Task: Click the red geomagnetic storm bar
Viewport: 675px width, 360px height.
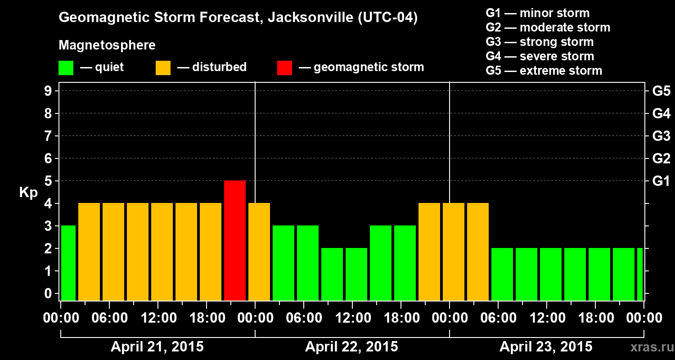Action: click(x=235, y=240)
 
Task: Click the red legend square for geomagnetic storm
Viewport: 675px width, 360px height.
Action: click(x=284, y=67)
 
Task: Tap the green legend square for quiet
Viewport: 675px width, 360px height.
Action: click(x=66, y=67)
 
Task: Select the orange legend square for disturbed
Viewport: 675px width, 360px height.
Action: click(x=163, y=67)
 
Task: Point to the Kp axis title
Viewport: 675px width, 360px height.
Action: click(x=28, y=192)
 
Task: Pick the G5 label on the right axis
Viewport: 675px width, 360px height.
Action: click(x=661, y=91)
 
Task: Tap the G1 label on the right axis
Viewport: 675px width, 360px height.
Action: click(x=661, y=181)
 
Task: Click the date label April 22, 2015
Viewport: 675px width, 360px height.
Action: click(x=351, y=347)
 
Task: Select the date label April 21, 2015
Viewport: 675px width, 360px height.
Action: click(x=157, y=347)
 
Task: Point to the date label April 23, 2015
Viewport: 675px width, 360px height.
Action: click(x=546, y=347)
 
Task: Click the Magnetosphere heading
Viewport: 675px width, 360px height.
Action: click(x=107, y=45)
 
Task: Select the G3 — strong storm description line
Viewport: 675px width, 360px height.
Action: click(x=540, y=42)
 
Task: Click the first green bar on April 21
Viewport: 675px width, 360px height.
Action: click(x=68, y=263)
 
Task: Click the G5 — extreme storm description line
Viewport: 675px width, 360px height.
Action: click(x=544, y=71)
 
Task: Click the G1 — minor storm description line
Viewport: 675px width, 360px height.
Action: click(x=537, y=13)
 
